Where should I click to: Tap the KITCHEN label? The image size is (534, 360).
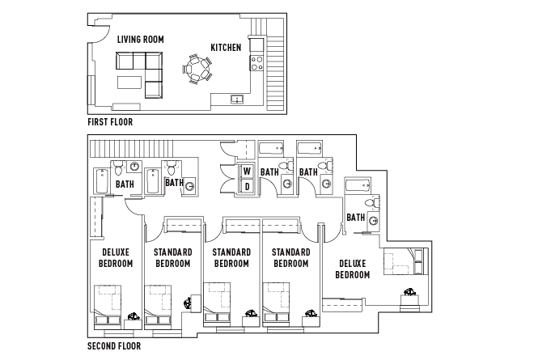pos(226,48)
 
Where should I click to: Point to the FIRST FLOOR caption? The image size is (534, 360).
pos(110,122)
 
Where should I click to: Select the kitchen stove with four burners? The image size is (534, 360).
pos(256,61)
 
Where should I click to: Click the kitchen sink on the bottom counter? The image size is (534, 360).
pos(237,100)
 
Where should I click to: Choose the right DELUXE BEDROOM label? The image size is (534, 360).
pos(353,269)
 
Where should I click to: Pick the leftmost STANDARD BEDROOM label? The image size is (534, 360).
pos(172,258)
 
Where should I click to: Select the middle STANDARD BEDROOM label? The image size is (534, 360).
pos(231,258)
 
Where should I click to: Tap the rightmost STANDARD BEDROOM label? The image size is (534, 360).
pos(290,258)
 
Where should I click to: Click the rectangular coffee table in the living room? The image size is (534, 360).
pos(129,83)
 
